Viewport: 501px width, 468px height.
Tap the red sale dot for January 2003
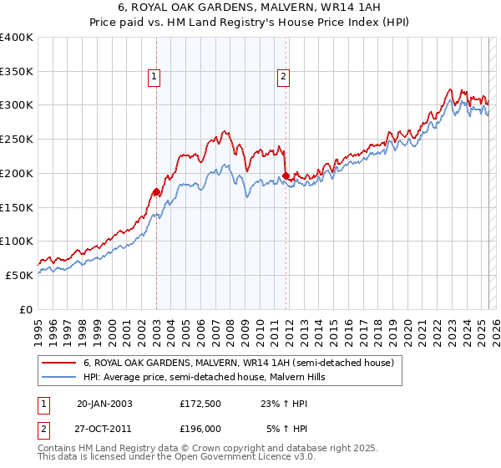(x=156, y=191)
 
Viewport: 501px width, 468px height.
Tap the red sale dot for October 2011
(x=286, y=175)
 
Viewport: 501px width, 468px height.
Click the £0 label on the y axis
(x=26, y=309)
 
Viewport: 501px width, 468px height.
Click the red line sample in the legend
(x=58, y=364)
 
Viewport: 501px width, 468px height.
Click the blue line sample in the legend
(x=58, y=377)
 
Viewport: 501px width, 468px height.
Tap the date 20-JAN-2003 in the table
(x=104, y=404)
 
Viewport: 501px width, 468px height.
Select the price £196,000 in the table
(x=200, y=428)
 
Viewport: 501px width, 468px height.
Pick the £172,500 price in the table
(x=200, y=404)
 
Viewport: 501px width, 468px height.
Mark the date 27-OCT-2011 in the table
(x=104, y=428)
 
